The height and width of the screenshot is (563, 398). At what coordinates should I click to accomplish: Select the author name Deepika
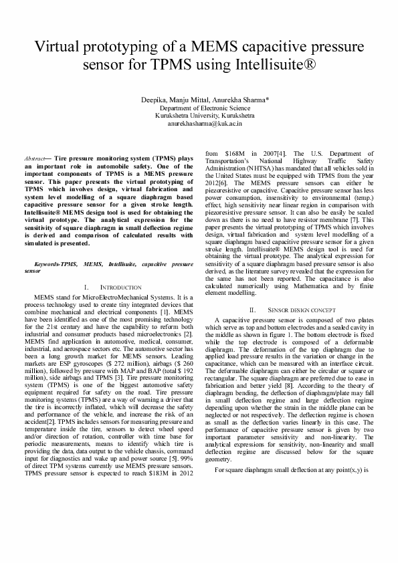153,100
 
